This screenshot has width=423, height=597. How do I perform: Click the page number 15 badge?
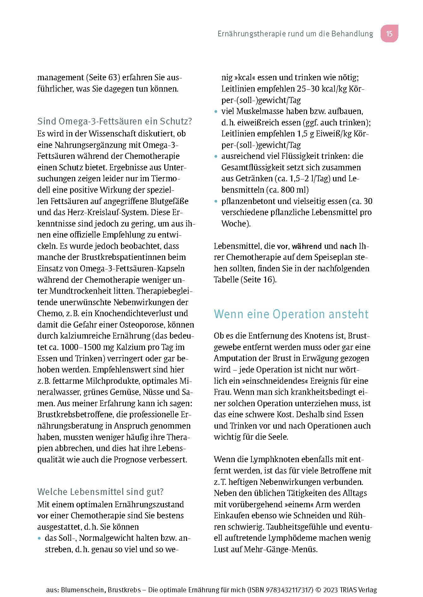[389, 33]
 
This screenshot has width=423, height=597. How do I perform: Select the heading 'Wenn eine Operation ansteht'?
[291, 314]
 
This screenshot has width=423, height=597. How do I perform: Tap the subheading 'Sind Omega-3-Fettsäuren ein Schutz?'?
[115, 121]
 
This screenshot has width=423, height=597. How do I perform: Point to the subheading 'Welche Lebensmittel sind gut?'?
[100, 492]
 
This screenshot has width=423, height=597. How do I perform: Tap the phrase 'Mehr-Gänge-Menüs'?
[281, 549]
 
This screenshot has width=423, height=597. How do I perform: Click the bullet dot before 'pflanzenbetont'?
[216, 202]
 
